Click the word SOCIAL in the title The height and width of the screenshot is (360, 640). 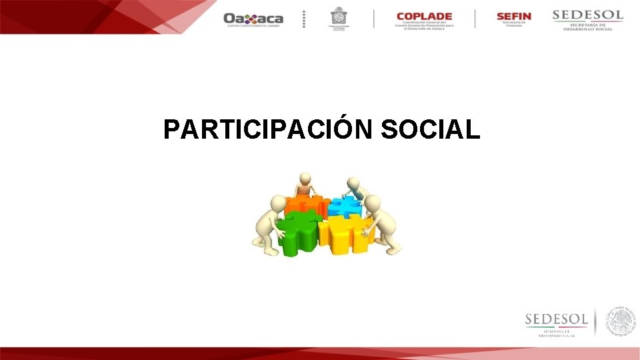tap(430, 129)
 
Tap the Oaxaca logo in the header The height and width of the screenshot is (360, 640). tap(253, 19)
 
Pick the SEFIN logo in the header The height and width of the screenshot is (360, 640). tap(513, 19)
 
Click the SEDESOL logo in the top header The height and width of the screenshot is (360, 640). tap(587, 19)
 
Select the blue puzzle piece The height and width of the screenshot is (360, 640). tap(345, 205)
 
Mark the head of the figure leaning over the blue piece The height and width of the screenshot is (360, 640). tap(354, 183)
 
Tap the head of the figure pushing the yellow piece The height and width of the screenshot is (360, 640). tap(372, 203)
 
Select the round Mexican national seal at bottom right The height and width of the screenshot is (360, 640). tap(621, 321)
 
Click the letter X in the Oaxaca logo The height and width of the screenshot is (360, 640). tap(248, 19)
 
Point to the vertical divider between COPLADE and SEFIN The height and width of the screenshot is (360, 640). tap(475, 19)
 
